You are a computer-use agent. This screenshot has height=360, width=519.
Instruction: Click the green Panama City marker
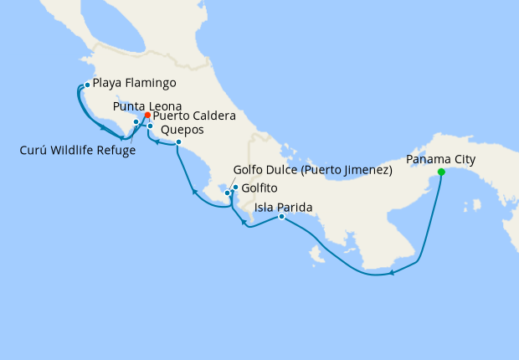click(441, 172)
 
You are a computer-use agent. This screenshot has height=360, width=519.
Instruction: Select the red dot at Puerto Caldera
click(147, 115)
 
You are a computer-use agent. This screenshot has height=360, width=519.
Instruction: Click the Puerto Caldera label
click(194, 116)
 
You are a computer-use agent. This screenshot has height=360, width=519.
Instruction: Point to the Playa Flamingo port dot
click(87, 85)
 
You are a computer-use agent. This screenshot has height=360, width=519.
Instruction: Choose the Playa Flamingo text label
click(134, 84)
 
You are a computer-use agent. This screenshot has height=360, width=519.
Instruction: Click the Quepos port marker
click(178, 142)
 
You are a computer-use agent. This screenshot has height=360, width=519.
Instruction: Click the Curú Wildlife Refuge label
click(78, 151)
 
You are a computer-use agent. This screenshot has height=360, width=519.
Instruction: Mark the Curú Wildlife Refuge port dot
click(136, 122)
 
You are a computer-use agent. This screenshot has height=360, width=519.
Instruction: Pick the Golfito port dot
click(235, 187)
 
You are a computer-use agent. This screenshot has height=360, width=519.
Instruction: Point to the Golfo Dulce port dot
click(227, 193)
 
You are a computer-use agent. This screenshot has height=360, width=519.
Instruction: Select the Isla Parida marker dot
click(281, 217)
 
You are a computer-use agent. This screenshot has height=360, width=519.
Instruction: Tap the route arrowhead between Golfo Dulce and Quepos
click(194, 193)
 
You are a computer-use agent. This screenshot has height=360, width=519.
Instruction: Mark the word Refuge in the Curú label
click(116, 151)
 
